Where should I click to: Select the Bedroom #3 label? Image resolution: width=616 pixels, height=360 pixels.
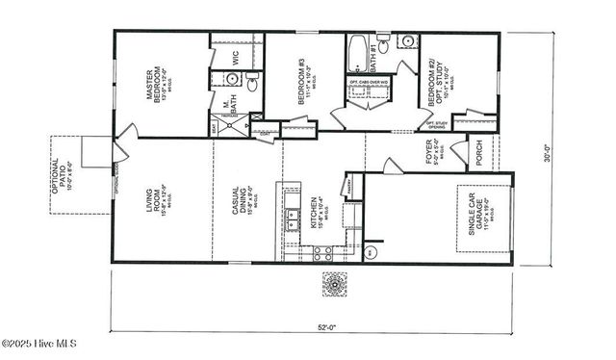303,81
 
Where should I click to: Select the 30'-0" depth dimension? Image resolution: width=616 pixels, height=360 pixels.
546,153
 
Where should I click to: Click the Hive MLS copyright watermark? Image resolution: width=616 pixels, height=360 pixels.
38,344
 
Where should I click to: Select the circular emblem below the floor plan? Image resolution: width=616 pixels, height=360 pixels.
335,284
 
